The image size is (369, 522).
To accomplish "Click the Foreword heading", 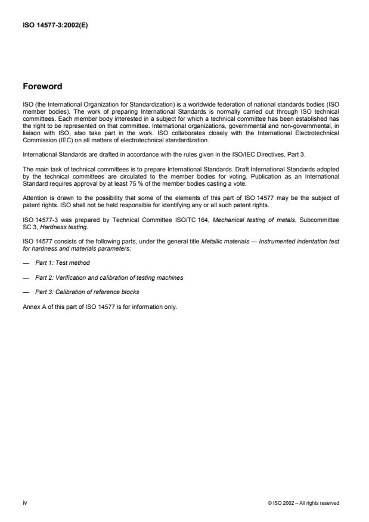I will (x=42, y=86).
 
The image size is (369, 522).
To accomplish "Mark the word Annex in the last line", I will (x=30, y=307).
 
